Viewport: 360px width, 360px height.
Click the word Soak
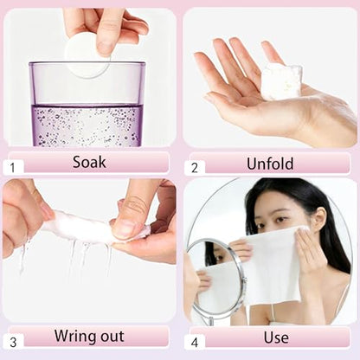coord(89,162)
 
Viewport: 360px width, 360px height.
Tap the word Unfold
coord(270,164)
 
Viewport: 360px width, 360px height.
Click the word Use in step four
coord(276,337)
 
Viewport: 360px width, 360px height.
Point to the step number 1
coord(12,168)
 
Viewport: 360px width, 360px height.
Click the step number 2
coord(195,168)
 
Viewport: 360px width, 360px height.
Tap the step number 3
coord(13,343)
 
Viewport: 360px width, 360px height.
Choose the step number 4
coord(195,343)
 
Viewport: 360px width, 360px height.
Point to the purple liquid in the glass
coord(87,125)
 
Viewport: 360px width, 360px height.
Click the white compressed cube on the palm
coord(281,81)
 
